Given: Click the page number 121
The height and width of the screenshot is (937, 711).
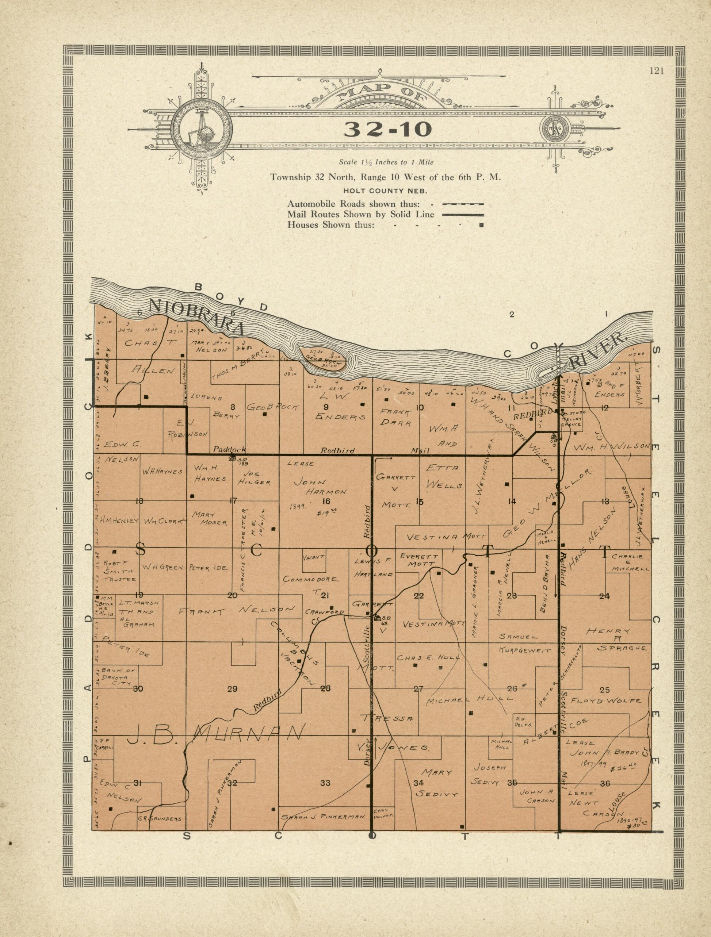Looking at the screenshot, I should [656, 71].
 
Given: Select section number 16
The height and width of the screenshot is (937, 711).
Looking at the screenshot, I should [326, 501].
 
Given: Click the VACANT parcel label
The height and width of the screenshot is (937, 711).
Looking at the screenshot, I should [314, 557].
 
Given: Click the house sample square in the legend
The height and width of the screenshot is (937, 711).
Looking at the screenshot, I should [481, 225].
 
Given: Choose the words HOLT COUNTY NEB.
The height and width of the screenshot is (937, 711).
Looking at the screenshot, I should [386, 191].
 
